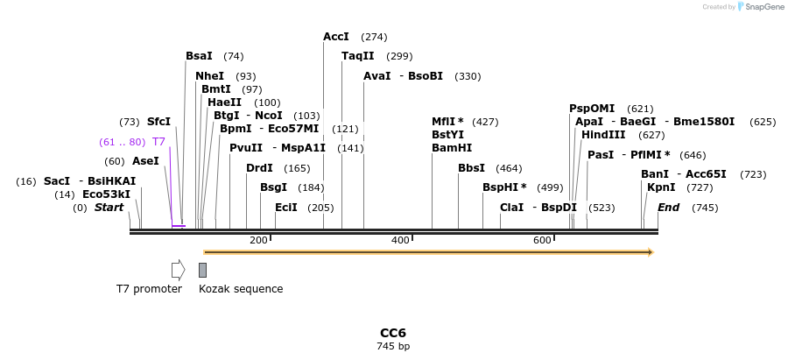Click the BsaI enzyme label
point(199,56)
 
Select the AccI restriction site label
point(336,37)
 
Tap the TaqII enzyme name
point(357,56)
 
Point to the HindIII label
point(603,135)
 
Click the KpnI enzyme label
point(661,187)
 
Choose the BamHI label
point(452,148)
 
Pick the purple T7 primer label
point(158,141)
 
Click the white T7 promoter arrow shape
point(178,270)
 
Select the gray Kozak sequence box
point(202,270)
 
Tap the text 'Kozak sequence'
point(241,289)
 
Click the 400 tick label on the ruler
point(400,240)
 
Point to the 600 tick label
point(542,240)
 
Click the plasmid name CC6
point(392,334)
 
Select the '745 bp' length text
point(392,347)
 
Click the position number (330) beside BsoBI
point(468,76)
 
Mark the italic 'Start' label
point(109,208)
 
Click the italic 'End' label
point(668,208)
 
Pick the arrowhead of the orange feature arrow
point(651,252)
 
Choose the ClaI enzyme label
point(511,208)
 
